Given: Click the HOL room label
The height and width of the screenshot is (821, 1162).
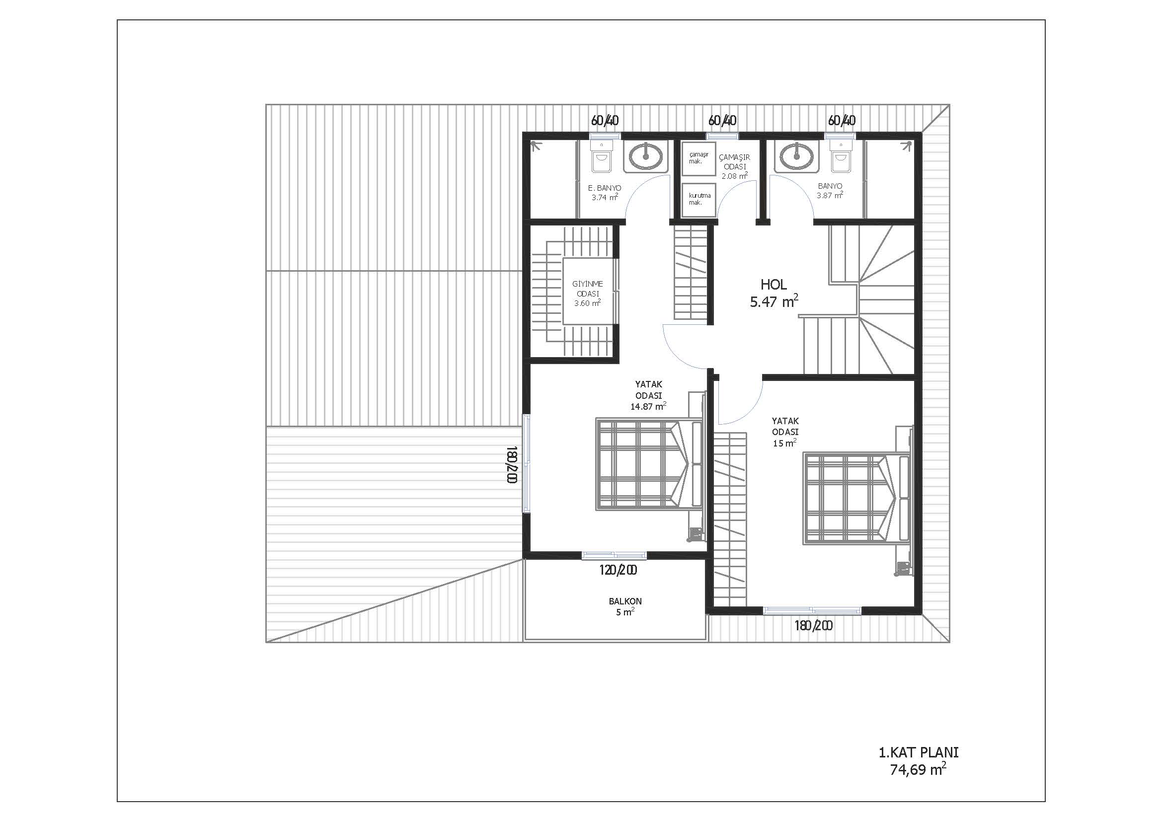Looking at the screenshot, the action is (x=774, y=284).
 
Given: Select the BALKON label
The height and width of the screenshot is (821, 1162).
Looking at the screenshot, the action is (x=625, y=601).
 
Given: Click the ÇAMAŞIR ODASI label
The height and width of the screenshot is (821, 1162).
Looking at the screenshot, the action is (x=734, y=162).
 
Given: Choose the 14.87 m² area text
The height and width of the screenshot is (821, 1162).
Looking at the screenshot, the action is (x=648, y=406).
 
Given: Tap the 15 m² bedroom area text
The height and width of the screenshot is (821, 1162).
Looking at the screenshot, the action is (x=785, y=443).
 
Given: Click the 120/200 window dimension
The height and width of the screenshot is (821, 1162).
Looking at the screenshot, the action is (x=618, y=570).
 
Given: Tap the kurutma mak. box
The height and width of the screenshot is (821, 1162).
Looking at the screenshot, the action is (x=699, y=200).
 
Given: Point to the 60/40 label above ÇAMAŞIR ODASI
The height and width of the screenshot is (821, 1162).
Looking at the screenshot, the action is (x=722, y=120).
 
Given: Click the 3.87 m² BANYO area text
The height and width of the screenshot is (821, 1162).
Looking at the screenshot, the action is (x=830, y=195).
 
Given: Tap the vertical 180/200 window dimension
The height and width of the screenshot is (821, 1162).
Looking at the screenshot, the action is (x=512, y=464).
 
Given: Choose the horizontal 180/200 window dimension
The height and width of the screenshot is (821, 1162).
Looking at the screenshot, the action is (x=813, y=626).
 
